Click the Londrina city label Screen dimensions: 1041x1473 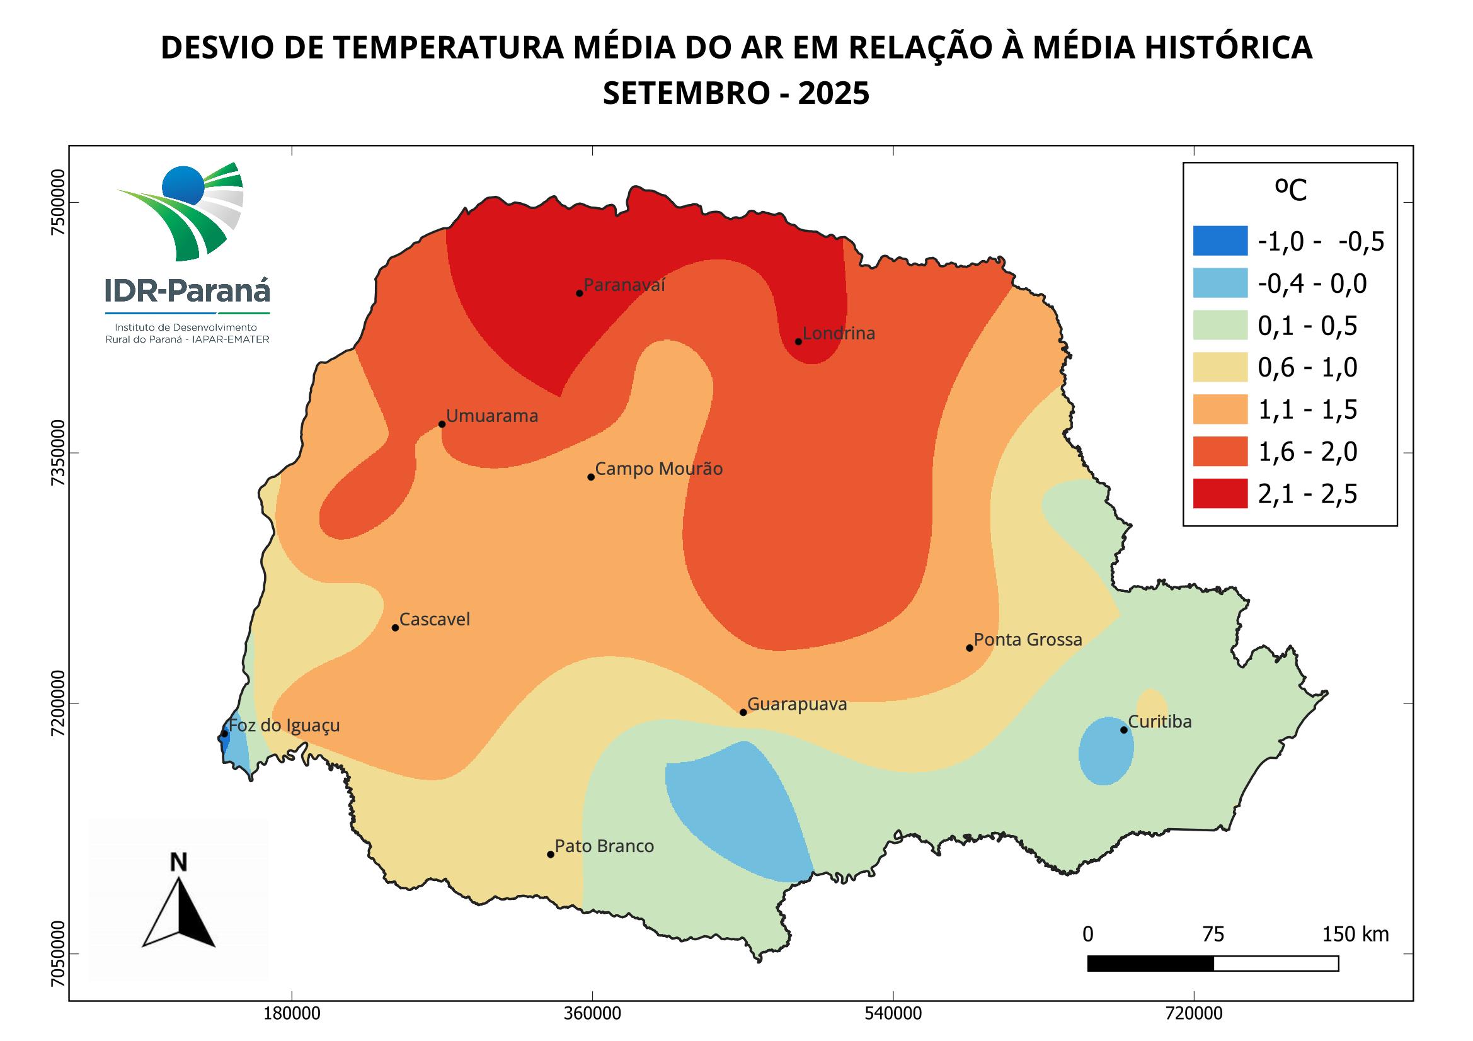click(x=839, y=334)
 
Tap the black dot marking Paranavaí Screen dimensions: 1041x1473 click(x=580, y=293)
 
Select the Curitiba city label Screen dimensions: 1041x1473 click(x=1160, y=722)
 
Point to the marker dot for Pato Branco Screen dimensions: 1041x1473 click(x=551, y=855)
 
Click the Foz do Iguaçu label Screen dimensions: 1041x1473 click(x=284, y=725)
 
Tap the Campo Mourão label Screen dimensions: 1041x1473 click(x=659, y=469)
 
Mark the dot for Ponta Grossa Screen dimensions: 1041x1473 click(x=970, y=648)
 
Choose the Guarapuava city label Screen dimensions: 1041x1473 click(x=798, y=704)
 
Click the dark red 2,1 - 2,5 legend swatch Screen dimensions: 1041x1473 click(x=1220, y=493)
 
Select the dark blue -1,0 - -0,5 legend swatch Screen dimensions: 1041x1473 click(x=1220, y=241)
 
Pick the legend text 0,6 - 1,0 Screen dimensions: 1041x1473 click(x=1307, y=368)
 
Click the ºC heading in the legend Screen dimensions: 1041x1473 click(x=1290, y=190)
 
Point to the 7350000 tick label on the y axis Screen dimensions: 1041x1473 click(x=59, y=453)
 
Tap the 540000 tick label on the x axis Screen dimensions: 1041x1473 click(x=893, y=1014)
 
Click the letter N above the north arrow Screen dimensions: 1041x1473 click(x=178, y=863)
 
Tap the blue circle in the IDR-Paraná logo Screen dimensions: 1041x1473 click(x=183, y=185)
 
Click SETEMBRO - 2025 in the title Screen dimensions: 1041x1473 click(x=736, y=94)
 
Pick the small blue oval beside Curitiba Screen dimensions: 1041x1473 click(x=1106, y=751)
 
